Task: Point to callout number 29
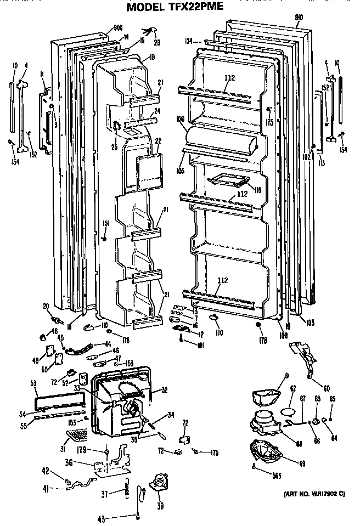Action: point(157,42)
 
